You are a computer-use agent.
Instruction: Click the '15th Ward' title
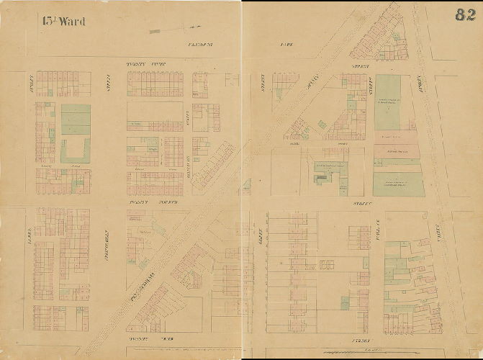(x=63, y=22)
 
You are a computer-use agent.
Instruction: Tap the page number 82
(x=464, y=15)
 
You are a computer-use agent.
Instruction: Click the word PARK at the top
(x=286, y=45)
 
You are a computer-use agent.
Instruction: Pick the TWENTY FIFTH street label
(x=146, y=64)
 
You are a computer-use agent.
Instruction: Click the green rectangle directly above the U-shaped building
(x=76, y=119)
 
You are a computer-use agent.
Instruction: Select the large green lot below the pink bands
(x=398, y=184)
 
